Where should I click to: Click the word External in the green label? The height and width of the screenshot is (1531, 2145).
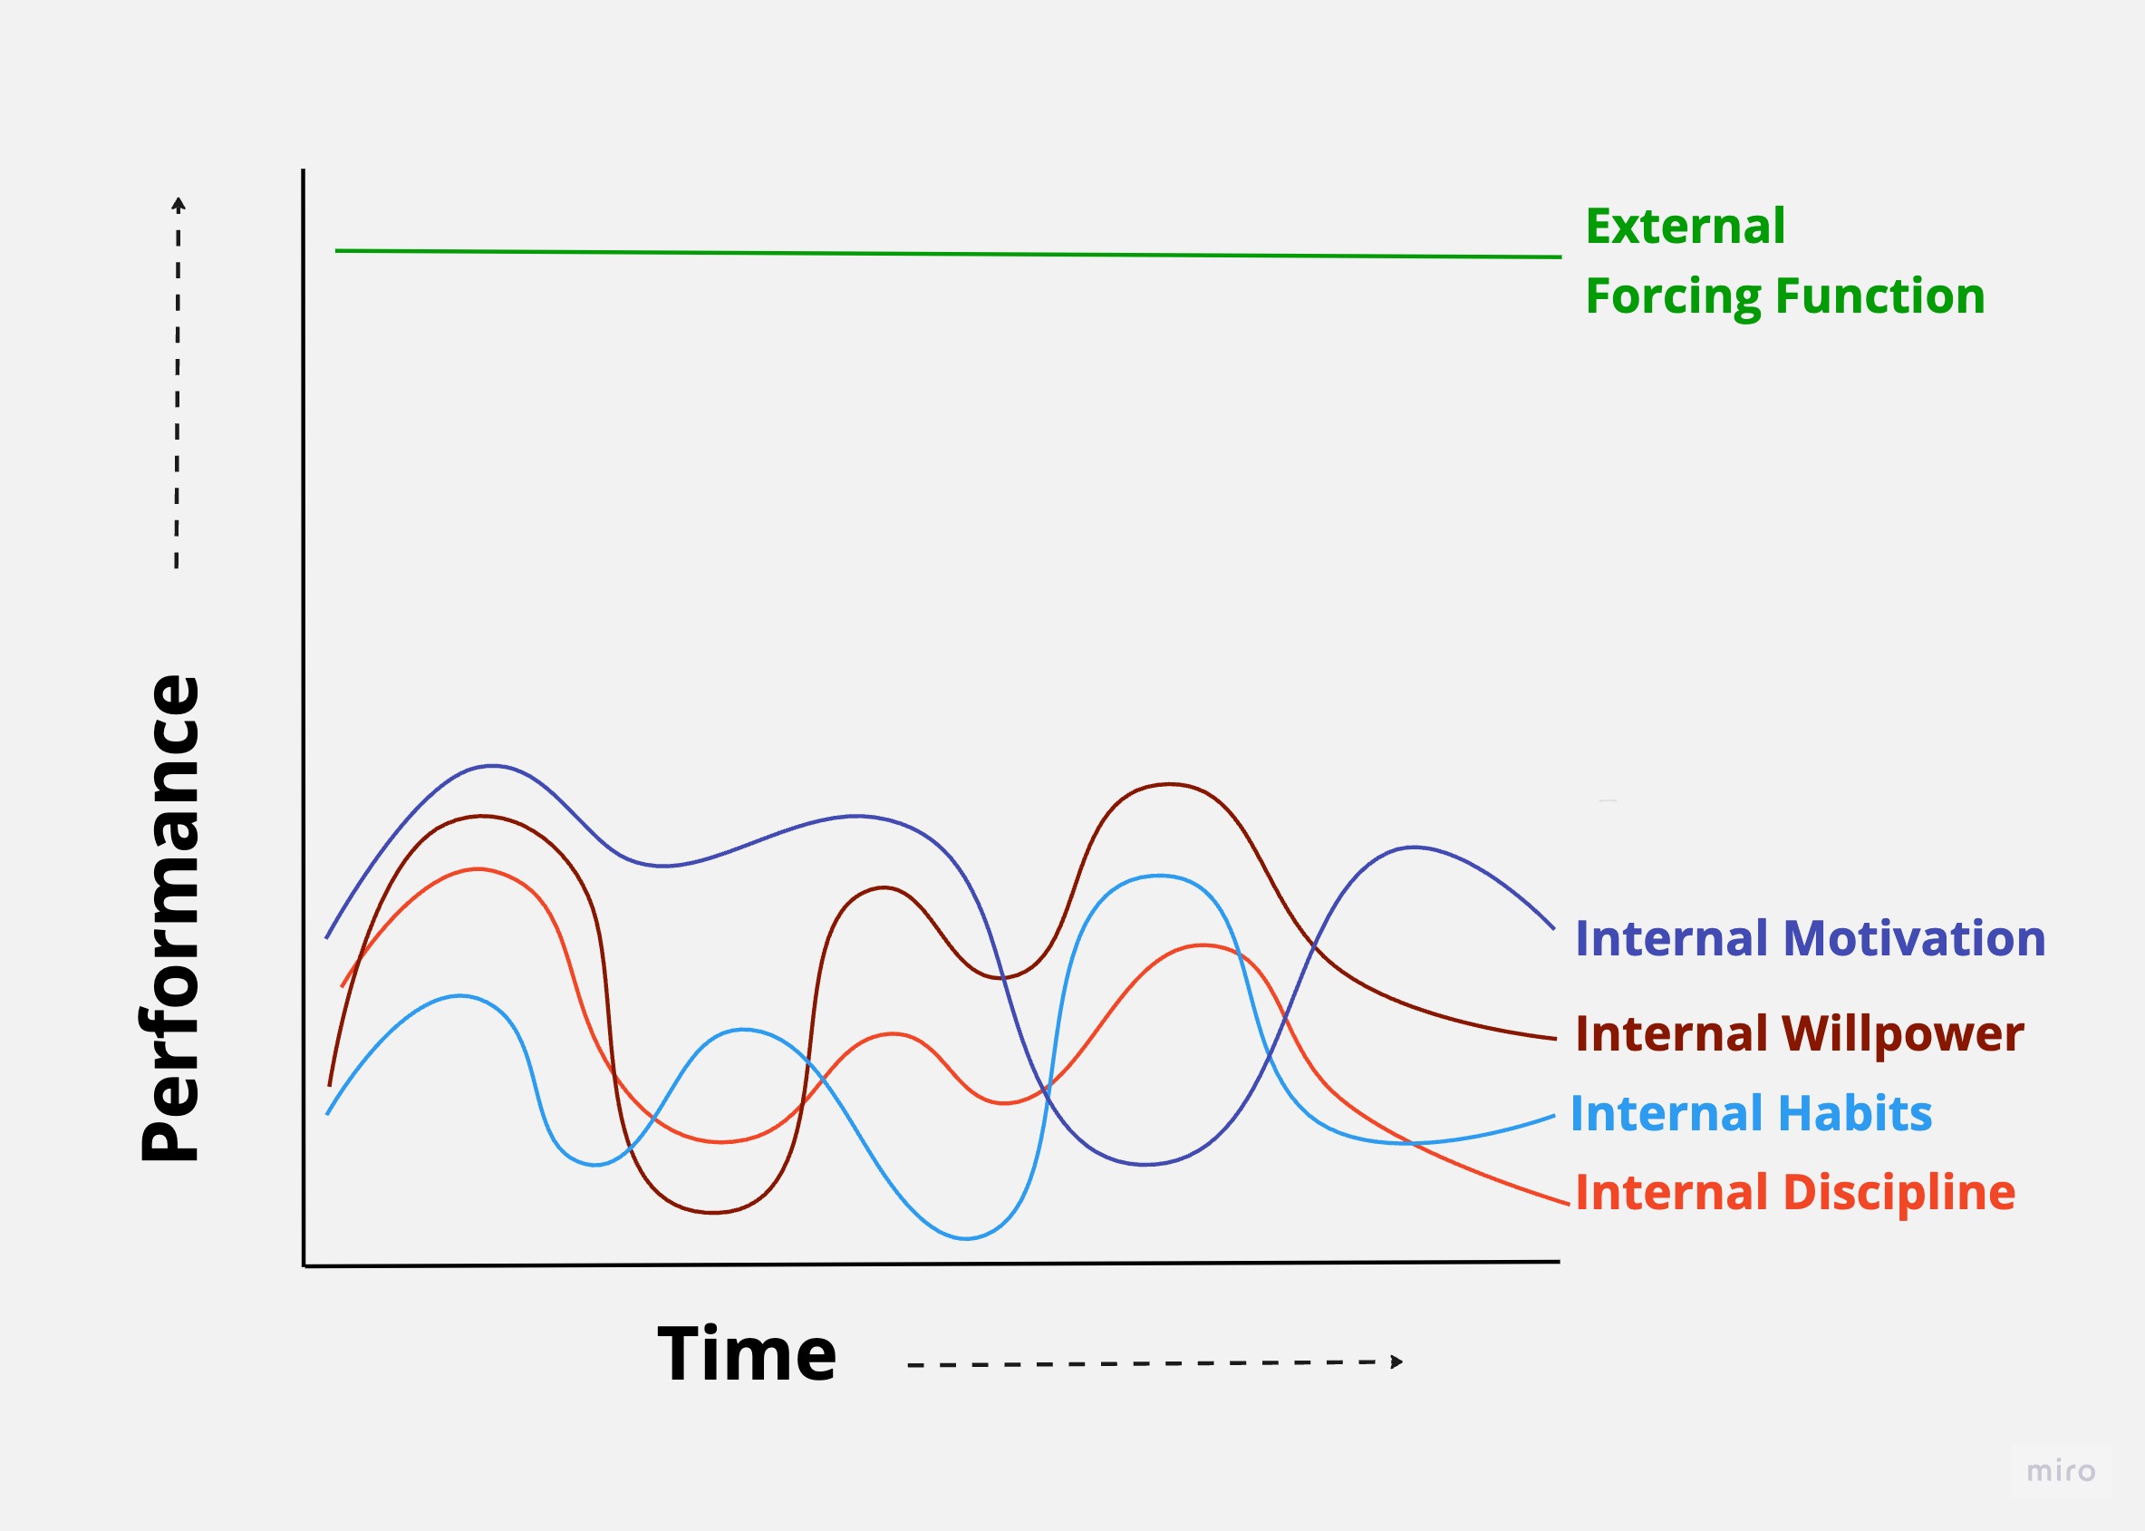coord(1685,227)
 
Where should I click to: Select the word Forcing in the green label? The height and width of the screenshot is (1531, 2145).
coord(1673,298)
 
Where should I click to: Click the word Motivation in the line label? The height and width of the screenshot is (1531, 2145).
coord(1914,939)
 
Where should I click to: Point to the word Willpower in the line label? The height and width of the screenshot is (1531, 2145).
coord(1903,1034)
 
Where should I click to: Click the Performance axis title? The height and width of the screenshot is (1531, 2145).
coord(170,918)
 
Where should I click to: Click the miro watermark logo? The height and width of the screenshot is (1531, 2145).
coord(2061,1471)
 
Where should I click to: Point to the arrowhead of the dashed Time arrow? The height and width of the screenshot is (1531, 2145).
coord(1397,1361)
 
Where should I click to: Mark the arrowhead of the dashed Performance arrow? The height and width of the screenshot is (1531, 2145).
coord(179,204)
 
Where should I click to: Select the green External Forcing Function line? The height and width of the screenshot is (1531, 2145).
coord(948,254)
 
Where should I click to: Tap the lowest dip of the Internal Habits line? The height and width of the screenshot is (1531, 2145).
coord(966,1238)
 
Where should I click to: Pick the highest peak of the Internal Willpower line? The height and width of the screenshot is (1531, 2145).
coord(1169,784)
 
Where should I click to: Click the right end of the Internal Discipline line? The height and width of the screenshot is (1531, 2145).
coord(1569,1204)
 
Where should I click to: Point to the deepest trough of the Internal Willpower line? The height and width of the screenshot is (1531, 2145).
coord(713,1211)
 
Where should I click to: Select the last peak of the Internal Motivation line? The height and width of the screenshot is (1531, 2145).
coord(1413,848)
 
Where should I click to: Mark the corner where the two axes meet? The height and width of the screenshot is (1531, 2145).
coord(304,1265)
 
